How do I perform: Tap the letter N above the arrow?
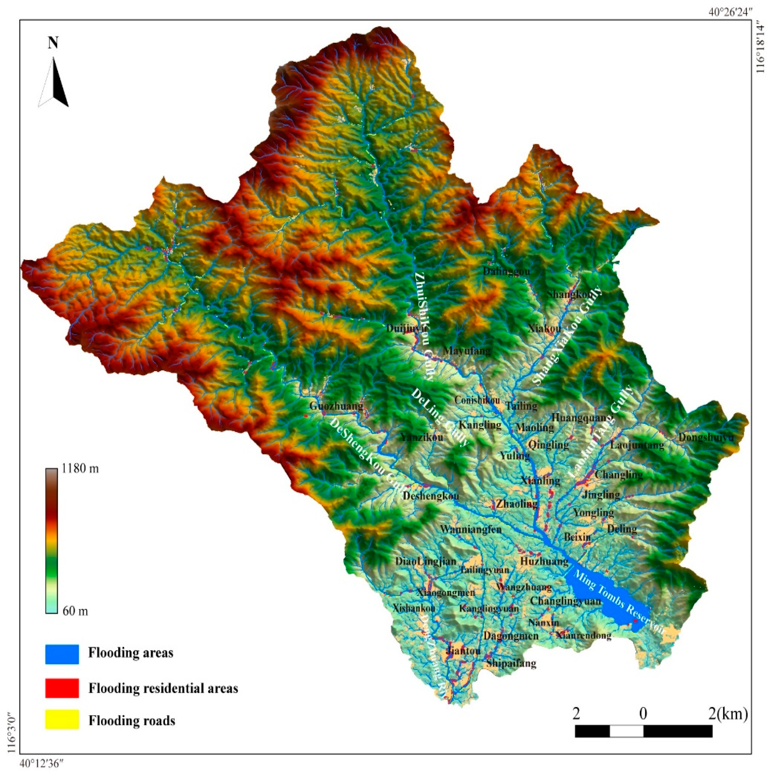click(x=53, y=43)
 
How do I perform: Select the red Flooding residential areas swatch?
click(x=61, y=688)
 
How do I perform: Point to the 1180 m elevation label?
click(x=80, y=468)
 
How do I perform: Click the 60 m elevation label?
click(x=75, y=611)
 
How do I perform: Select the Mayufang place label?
click(x=467, y=351)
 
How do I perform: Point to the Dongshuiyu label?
click(x=706, y=437)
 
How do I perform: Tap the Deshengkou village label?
click(x=430, y=496)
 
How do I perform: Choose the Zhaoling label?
click(x=516, y=503)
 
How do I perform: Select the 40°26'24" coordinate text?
click(x=730, y=12)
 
